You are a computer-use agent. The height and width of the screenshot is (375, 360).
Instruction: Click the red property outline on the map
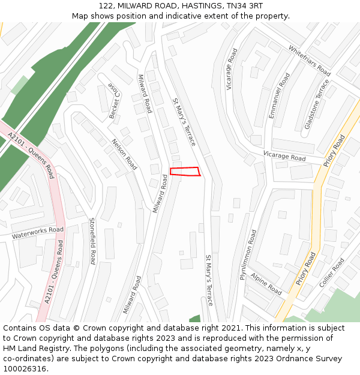point(185,172)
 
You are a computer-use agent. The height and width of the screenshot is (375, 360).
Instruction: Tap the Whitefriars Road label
point(310,61)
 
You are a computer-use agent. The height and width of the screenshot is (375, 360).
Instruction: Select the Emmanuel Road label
point(280,95)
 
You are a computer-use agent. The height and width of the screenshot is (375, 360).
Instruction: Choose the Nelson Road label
point(124,155)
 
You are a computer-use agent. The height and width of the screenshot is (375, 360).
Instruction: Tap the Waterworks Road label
point(37,233)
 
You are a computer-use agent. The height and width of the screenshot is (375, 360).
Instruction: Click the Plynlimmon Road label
point(248,254)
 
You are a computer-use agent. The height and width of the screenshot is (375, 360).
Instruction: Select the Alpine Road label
point(266,284)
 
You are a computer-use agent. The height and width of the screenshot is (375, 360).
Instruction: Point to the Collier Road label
point(332,272)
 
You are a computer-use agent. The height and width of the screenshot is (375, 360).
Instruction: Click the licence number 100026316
point(25,369)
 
